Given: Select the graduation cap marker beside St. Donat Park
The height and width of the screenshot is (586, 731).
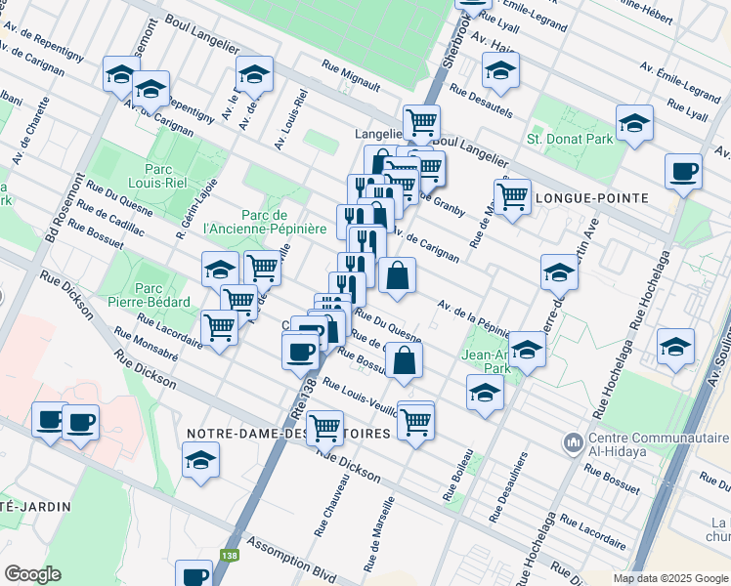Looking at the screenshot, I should point(634,123).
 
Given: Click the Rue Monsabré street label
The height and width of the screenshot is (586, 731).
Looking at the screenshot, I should point(145,346).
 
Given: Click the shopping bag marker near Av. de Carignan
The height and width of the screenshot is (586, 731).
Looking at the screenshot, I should point(397,276).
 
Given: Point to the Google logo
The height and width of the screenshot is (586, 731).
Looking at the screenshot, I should point(31,574).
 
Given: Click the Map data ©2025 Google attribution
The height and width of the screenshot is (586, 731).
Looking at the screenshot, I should point(669,578).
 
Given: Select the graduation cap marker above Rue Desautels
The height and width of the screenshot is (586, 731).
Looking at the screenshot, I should point(500,70).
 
